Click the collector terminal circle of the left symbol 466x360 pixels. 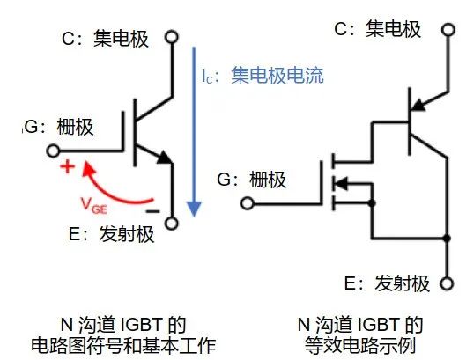[172, 37]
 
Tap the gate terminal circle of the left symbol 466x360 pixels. [53, 151]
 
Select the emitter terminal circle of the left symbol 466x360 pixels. [172, 224]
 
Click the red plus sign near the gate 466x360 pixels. [68, 166]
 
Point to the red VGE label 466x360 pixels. [93, 206]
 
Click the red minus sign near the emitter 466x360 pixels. [152, 211]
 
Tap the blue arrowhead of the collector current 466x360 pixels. [194, 209]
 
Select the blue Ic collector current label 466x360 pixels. [263, 76]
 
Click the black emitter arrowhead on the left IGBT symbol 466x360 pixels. [165, 157]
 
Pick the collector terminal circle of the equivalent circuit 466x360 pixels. [448, 30]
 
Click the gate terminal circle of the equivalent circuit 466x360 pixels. [248, 203]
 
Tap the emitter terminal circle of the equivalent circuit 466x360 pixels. [447, 283]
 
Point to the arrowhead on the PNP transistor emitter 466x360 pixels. [419, 105]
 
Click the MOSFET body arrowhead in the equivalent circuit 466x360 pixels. [340, 183]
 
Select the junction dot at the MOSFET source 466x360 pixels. [372, 203]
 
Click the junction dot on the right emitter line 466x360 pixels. [447, 239]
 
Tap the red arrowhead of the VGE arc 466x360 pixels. [88, 169]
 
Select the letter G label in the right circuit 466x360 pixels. [224, 179]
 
